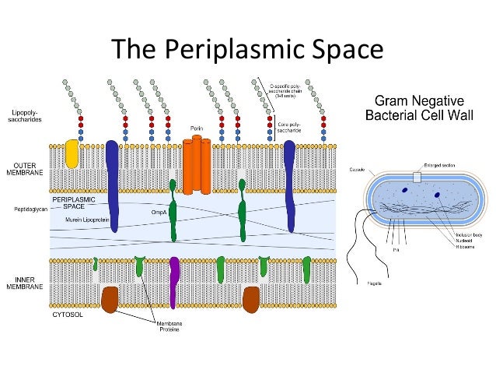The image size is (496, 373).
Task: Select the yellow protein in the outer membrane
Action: pos(72,154)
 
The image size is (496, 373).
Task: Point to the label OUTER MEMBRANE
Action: pos(26,168)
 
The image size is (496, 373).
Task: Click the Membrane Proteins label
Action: pos(169,327)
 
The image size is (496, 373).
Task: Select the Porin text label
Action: pos(197,127)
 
